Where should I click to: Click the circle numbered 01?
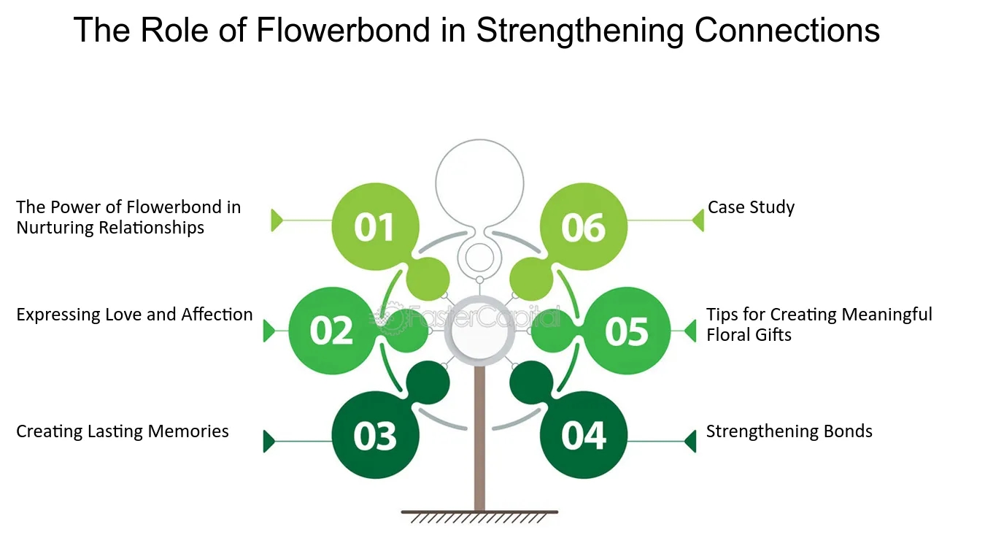tap(375, 227)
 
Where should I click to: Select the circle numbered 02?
tap(332, 331)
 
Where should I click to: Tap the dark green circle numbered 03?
tap(375, 436)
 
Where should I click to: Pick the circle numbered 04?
tap(584, 436)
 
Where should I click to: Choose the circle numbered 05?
tap(627, 331)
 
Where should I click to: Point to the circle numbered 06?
tap(584, 227)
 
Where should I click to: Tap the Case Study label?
tap(751, 207)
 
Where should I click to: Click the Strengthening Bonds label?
tap(789, 431)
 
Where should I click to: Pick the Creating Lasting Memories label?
tap(123, 431)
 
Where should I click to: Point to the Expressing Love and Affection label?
tap(134, 315)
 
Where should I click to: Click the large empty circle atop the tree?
tap(479, 182)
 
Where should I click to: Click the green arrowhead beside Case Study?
tap(698, 220)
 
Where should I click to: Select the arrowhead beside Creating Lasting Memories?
tap(269, 442)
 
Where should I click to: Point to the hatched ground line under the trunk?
tap(479, 516)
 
